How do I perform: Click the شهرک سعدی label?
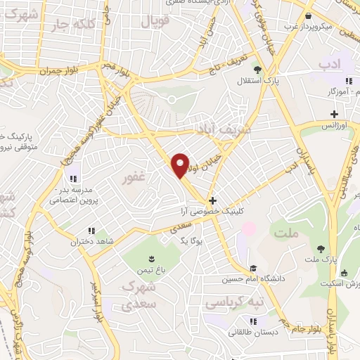[138, 296]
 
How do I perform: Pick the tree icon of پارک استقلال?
[257, 69]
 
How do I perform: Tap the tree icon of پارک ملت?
[321, 248]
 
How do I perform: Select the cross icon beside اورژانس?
[334, 115]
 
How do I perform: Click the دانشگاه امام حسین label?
[278, 278]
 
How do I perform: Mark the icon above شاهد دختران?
[91, 230]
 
